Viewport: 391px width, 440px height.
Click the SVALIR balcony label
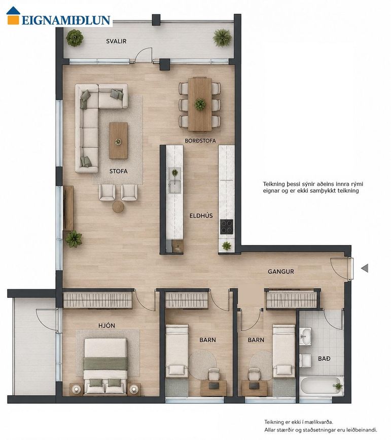(116, 41)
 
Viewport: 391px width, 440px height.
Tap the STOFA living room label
(118, 171)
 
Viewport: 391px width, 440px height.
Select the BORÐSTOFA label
(200, 141)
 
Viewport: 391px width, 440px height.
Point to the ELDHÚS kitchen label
(201, 216)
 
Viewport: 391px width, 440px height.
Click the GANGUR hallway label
(281, 272)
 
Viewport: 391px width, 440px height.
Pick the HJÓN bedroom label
(106, 325)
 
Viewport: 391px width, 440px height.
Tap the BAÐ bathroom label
(324, 358)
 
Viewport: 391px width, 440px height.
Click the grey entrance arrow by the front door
(365, 268)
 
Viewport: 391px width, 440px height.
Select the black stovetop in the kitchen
(226, 226)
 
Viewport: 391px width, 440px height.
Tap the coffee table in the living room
(118, 141)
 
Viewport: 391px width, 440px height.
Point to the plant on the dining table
(200, 104)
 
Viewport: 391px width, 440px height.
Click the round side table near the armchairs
(118, 207)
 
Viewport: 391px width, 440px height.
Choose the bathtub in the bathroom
(322, 386)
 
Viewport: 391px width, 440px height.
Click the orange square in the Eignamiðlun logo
(13, 20)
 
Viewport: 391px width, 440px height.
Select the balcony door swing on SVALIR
(144, 54)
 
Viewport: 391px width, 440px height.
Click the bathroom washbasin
(305, 336)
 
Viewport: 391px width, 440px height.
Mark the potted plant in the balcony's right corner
(222, 38)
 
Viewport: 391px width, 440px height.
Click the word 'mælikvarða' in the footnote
(319, 422)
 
